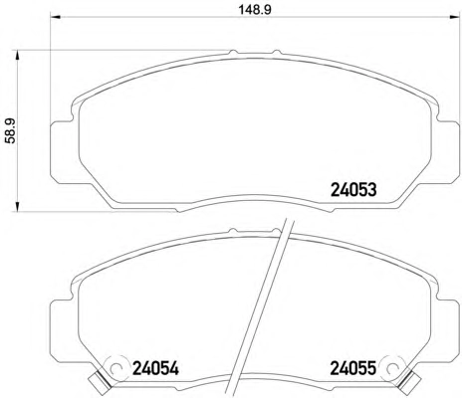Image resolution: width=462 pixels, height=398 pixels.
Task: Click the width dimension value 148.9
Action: [255, 9]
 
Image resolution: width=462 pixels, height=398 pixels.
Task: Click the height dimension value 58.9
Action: [11, 131]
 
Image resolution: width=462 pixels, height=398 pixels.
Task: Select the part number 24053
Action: [353, 190]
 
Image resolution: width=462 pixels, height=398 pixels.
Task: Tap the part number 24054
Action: [155, 368]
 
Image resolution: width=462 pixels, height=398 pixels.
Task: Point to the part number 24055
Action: [352, 368]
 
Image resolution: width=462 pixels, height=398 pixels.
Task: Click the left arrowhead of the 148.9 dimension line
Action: [55, 17]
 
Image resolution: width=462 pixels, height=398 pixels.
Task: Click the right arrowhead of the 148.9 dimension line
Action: [454, 17]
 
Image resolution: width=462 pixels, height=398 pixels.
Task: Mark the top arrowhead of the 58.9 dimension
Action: [18, 56]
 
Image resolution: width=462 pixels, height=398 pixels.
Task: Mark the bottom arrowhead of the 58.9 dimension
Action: [18, 206]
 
